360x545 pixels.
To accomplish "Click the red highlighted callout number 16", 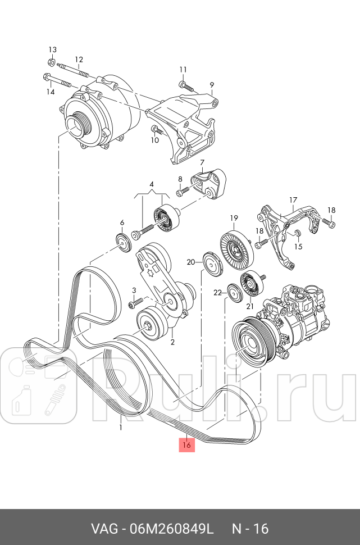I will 187,444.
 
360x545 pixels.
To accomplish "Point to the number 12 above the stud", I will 79,60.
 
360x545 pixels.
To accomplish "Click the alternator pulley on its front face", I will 76,125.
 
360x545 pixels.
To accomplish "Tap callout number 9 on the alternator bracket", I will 212,85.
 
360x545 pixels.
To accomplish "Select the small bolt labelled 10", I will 157,130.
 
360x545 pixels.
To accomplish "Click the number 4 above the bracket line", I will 151,184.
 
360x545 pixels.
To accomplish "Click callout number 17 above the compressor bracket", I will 293,200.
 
